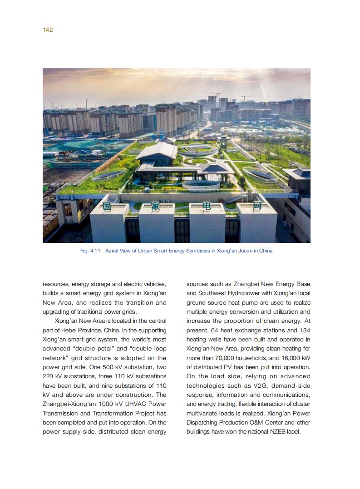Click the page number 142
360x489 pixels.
pos(48,30)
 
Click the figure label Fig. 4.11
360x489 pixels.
pos(90,251)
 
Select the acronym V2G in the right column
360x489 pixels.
pos(261,385)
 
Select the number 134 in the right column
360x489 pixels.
pos(305,330)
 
